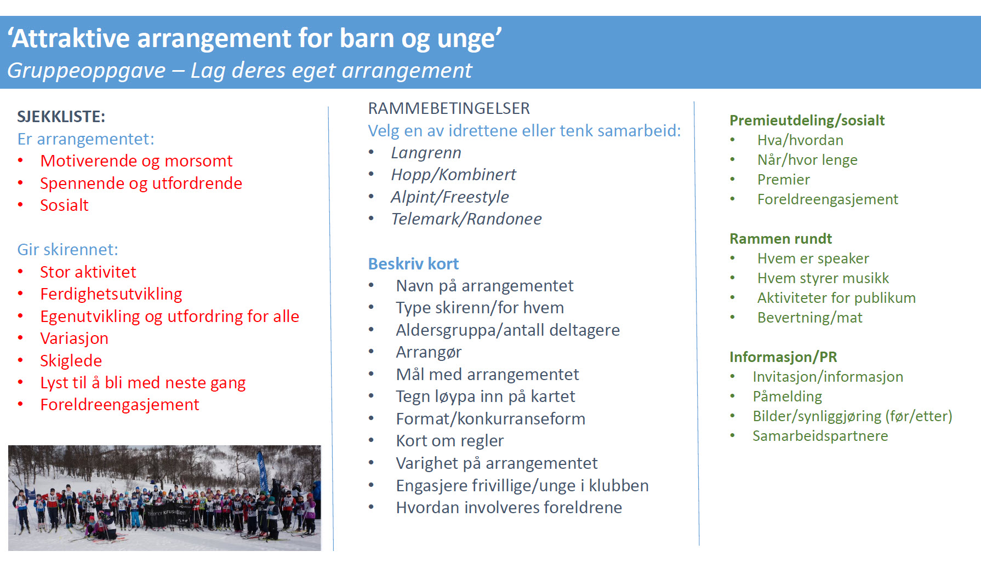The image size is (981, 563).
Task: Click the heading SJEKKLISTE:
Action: [61, 117]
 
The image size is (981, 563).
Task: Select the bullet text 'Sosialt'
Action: [64, 205]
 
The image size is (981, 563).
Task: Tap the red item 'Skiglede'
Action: [71, 361]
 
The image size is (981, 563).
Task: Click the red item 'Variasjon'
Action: [74, 338]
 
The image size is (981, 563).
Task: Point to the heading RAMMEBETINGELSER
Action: [449, 108]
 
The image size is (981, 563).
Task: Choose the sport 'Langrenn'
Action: [426, 153]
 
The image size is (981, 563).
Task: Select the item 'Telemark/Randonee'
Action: [466, 219]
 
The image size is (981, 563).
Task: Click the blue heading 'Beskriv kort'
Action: [413, 264]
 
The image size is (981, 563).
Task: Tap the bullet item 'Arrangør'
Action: [429, 352]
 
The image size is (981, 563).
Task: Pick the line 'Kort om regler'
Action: [449, 441]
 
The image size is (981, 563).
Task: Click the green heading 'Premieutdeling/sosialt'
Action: [807, 120]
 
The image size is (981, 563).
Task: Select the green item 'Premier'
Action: [783, 180]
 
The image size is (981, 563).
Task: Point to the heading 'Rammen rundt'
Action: [780, 239]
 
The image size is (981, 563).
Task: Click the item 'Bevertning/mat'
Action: [809, 318]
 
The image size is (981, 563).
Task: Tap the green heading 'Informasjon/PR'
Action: [783, 357]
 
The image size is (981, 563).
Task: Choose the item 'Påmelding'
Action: [787, 397]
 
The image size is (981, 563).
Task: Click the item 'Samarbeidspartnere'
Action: [820, 436]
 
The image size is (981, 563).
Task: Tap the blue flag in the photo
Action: [263, 472]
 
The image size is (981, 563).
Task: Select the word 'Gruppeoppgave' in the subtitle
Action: [86, 71]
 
